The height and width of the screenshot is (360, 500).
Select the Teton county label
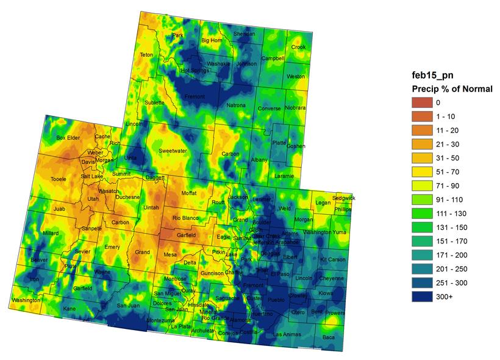coord(147,55)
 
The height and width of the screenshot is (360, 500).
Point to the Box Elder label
coord(68,138)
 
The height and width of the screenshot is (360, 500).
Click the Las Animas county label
coord(286,334)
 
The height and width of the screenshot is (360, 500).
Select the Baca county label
coord(329,337)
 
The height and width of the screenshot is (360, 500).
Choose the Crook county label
coord(298,47)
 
